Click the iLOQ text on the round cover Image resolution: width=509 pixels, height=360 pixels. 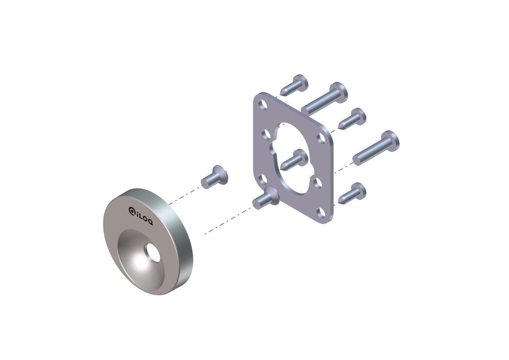click(x=141, y=216)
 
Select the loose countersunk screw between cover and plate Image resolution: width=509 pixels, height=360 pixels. click(x=214, y=175)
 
